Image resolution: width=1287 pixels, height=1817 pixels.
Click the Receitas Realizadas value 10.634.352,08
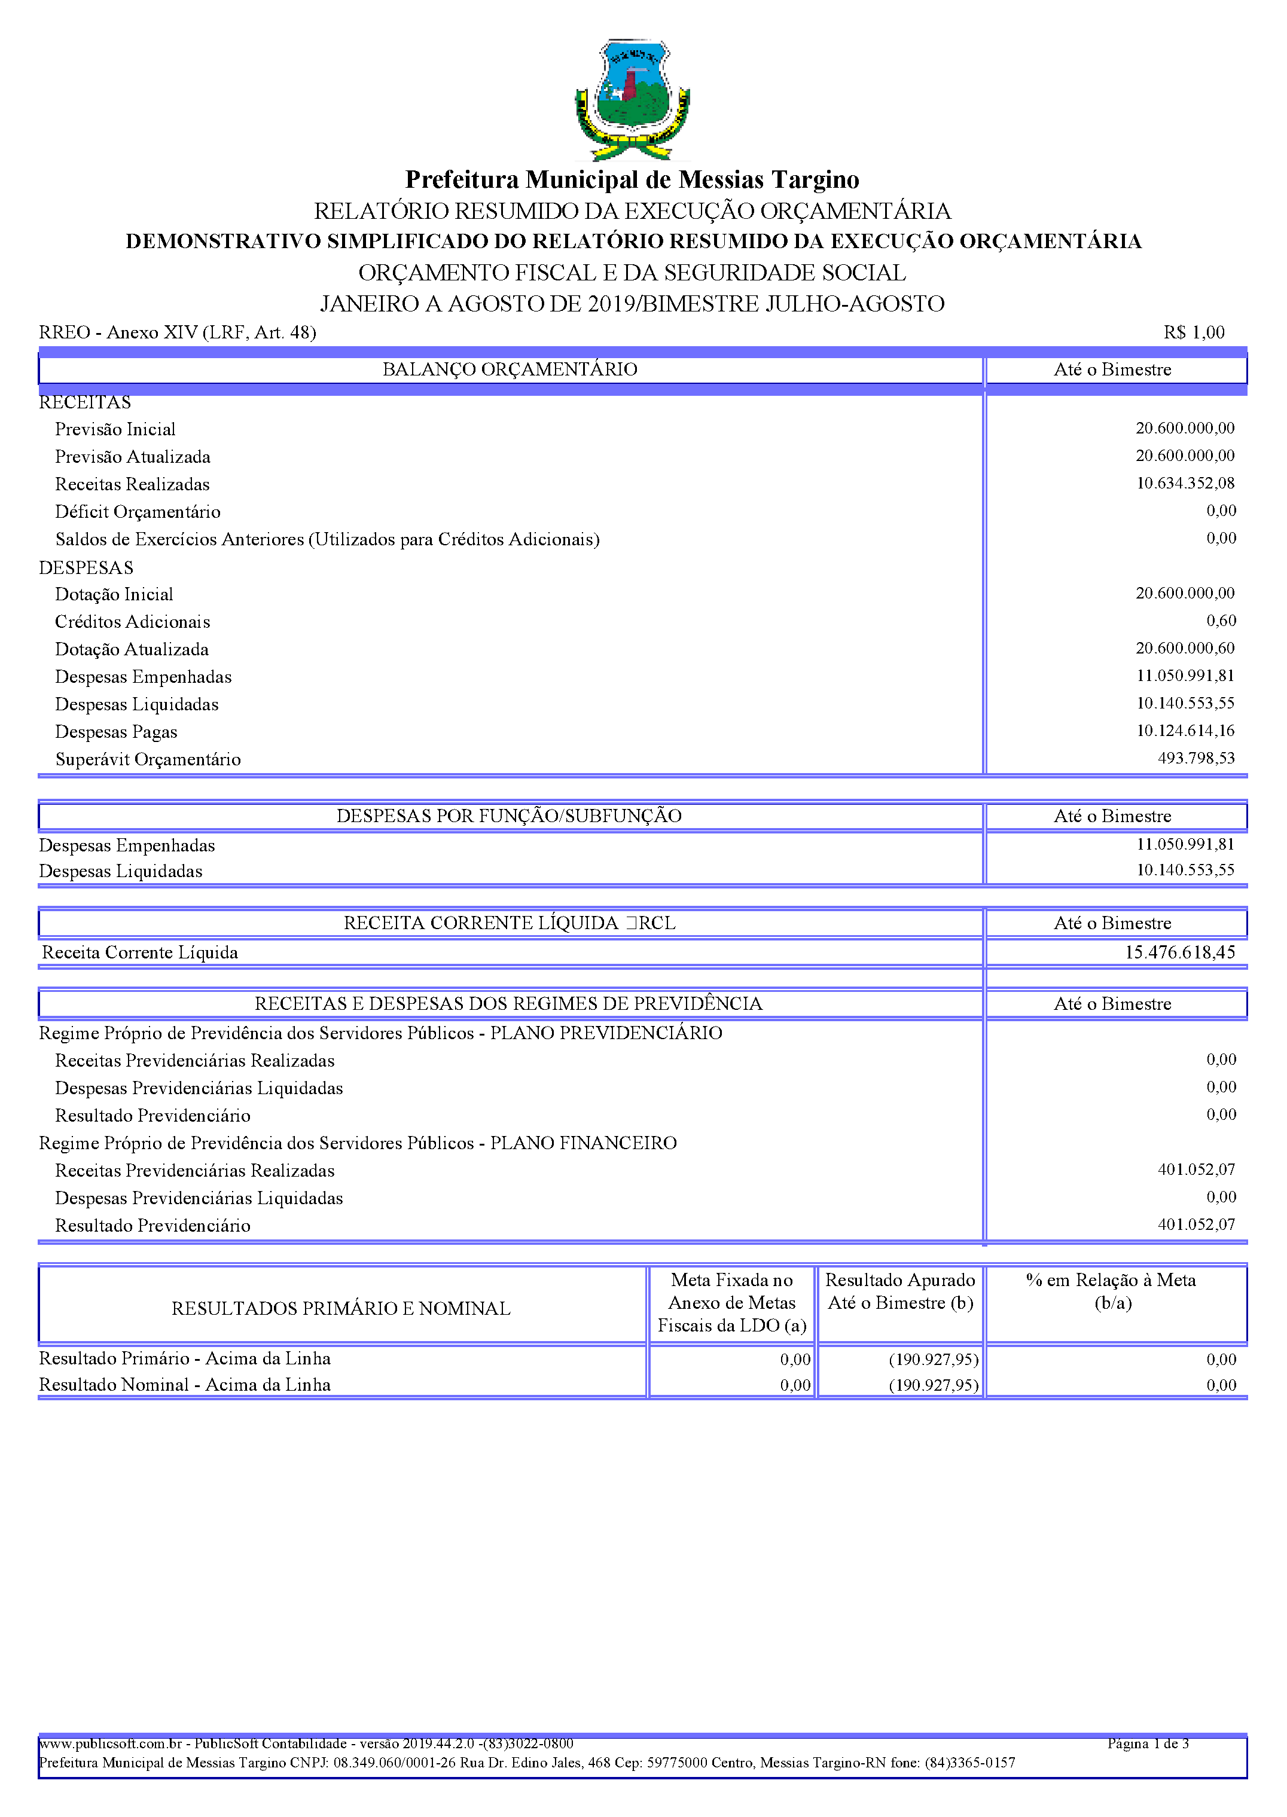coord(1185,483)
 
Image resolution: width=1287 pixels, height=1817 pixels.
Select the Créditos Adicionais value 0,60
coord(1221,621)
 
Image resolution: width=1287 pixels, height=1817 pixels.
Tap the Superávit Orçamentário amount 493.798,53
coord(1196,758)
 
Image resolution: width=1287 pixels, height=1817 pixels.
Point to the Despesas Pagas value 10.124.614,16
coord(1185,730)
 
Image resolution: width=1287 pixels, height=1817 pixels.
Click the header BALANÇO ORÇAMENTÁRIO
coord(510,369)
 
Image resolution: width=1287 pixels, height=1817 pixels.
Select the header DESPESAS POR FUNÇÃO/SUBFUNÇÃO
coord(509,816)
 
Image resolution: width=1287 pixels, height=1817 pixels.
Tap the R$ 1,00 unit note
coord(1194,332)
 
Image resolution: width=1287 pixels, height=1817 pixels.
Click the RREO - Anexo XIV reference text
coord(178,332)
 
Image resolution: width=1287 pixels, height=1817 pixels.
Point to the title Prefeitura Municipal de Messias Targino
coord(632,180)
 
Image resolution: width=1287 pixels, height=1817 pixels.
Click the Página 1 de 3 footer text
coord(1148,1743)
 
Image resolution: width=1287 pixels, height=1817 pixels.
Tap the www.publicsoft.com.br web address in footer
coord(111,1743)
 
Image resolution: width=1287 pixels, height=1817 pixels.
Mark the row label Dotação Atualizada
coord(132,649)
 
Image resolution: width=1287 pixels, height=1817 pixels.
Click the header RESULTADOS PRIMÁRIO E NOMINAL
coord(341,1309)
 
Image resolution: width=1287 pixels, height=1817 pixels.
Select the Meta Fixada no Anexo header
coord(731,1303)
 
